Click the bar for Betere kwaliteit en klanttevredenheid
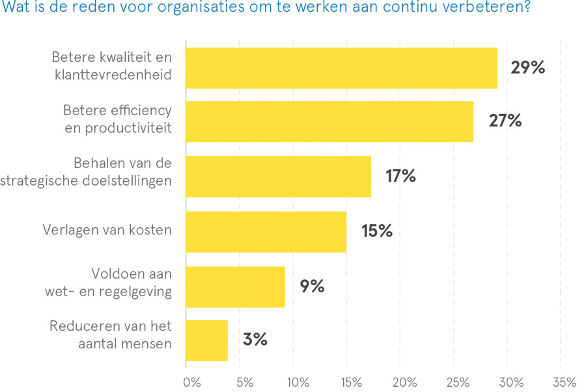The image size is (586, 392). (341, 68)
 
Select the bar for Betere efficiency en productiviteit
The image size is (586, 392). (329, 121)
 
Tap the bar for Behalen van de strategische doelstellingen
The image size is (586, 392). (278, 176)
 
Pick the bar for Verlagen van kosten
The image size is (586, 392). (266, 231)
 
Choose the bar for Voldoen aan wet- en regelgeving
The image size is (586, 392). (235, 287)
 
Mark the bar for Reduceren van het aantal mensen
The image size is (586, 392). (206, 340)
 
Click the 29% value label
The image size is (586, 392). (527, 68)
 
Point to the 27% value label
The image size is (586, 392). (505, 121)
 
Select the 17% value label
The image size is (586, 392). (400, 176)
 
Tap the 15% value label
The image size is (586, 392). (376, 231)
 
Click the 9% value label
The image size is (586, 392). (312, 287)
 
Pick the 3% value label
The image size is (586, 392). (255, 340)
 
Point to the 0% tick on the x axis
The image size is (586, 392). (192, 382)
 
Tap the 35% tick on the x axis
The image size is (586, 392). (564, 382)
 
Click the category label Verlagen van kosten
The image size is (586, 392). (107, 230)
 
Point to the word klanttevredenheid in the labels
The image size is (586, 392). (113, 74)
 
